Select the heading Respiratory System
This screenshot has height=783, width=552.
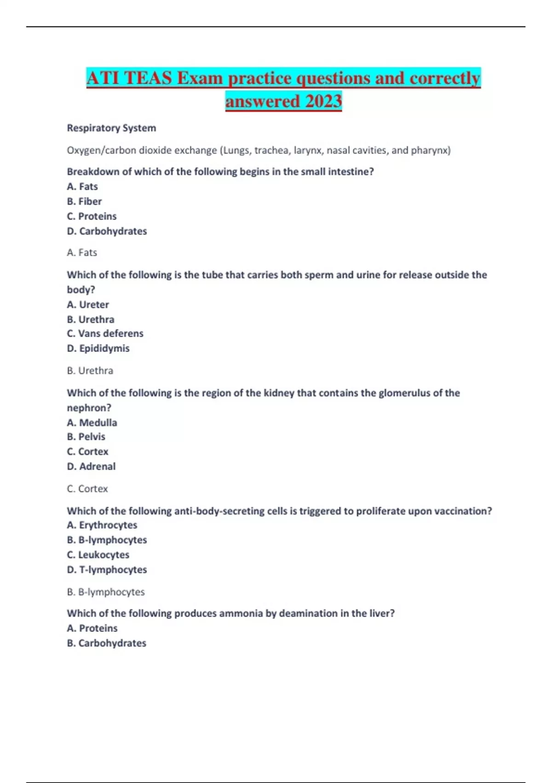coord(111,128)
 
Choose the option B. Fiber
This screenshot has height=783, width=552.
coord(84,201)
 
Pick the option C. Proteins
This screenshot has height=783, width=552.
coord(92,216)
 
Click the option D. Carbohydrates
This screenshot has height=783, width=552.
coord(107,231)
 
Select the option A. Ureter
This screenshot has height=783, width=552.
coord(88,304)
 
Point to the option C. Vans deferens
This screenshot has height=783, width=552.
coord(105,333)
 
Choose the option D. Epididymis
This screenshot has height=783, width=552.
coord(98,348)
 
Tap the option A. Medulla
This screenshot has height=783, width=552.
coord(92,422)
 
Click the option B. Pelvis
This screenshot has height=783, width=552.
coord(86,437)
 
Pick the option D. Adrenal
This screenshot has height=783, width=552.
coord(91,466)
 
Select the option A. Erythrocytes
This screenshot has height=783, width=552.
coord(102,525)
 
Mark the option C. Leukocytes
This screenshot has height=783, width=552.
coord(98,555)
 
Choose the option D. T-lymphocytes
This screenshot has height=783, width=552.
coord(107,570)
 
